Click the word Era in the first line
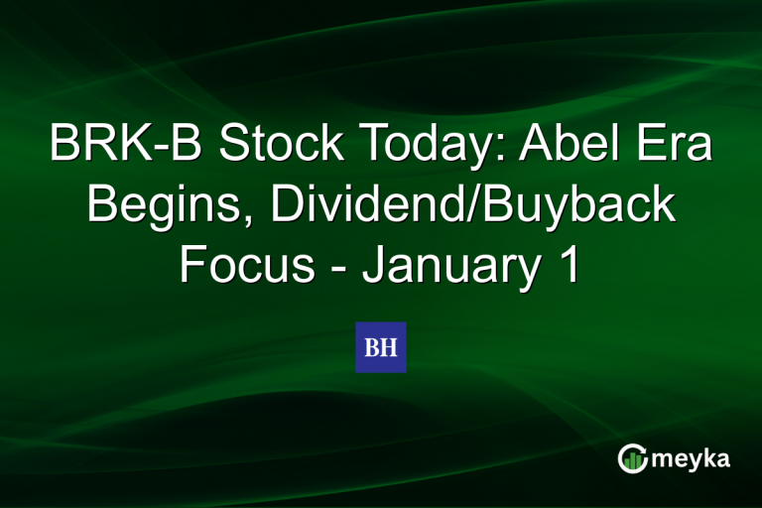click(x=680, y=147)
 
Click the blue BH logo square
click(x=381, y=347)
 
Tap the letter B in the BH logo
click(x=372, y=347)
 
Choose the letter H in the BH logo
click(x=389, y=347)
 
